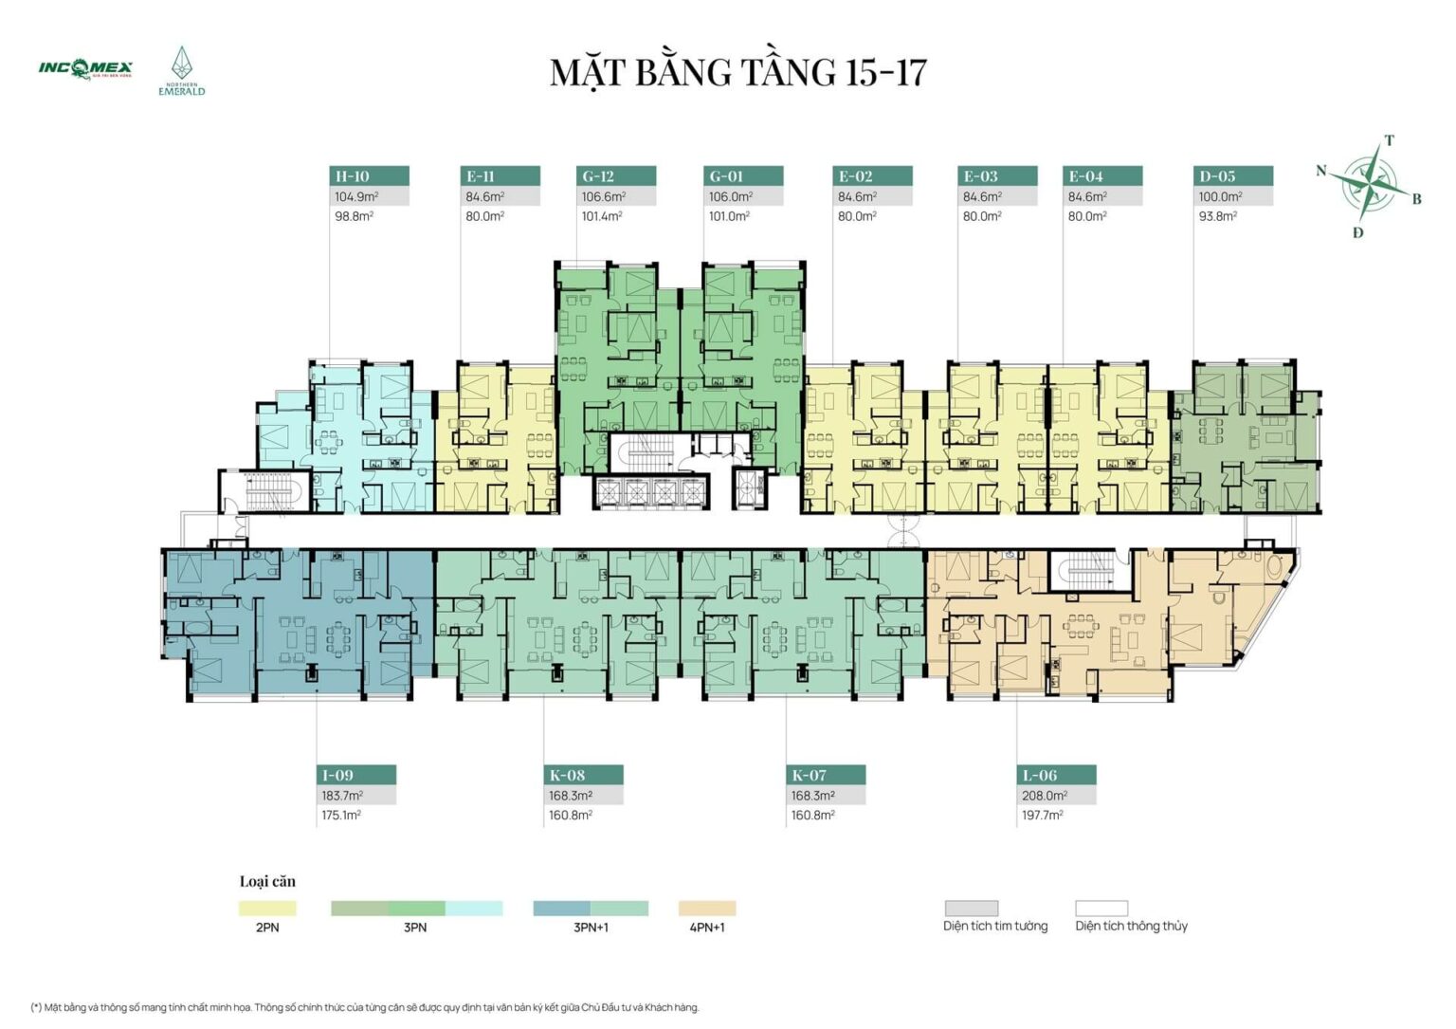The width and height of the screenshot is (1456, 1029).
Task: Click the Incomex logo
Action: pos(85,68)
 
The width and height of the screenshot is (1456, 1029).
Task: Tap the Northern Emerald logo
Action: pos(181,72)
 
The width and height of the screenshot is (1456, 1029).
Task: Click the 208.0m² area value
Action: pos(1044,796)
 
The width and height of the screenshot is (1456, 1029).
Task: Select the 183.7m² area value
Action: pos(342,796)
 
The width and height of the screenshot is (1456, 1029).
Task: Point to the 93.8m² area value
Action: pos(1217,216)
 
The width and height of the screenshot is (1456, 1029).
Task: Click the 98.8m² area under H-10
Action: pos(354,216)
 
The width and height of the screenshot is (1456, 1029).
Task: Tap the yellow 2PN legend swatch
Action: pos(267,909)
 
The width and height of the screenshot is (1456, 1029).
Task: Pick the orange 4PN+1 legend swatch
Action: pos(707,909)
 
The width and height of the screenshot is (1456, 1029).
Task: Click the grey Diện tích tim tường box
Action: pos(972,909)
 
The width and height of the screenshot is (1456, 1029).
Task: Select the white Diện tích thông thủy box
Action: pos(1101,909)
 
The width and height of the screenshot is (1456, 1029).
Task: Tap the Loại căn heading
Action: pos(267,881)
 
